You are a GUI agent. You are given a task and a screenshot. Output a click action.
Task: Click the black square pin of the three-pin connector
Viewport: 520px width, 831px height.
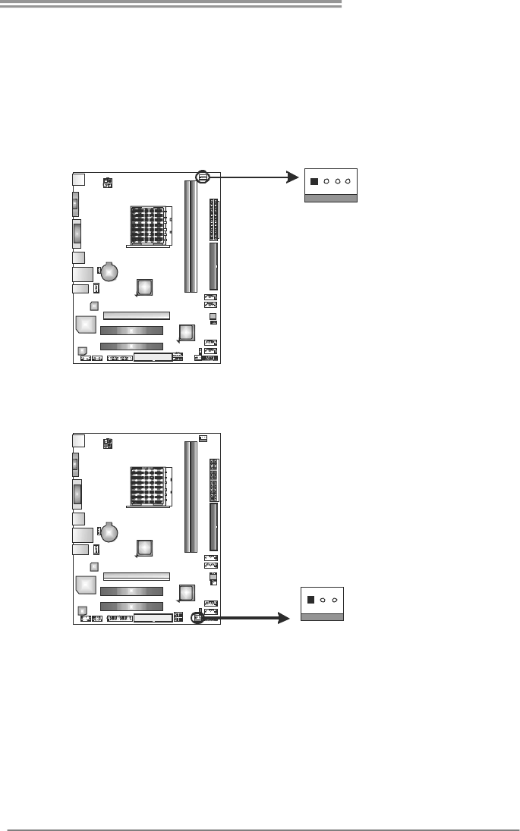pyautogui.click(x=310, y=599)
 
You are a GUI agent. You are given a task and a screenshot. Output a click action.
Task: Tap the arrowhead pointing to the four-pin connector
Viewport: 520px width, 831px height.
pyautogui.click(x=291, y=177)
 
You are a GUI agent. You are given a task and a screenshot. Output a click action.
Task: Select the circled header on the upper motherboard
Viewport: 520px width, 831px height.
pyautogui.click(x=203, y=177)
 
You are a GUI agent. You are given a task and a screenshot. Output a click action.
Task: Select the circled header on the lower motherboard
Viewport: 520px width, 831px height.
pyautogui.click(x=197, y=618)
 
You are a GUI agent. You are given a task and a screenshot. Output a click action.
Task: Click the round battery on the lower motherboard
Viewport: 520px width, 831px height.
pyautogui.click(x=110, y=533)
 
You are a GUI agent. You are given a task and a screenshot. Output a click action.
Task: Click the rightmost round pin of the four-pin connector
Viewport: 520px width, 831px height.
pyautogui.click(x=348, y=182)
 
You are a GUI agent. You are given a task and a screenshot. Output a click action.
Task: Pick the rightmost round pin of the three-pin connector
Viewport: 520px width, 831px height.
pyautogui.click(x=335, y=599)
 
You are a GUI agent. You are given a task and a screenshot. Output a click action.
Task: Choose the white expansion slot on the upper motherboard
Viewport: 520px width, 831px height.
pyautogui.click(x=137, y=315)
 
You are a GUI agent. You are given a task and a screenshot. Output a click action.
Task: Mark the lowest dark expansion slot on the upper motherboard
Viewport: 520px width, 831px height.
pyautogui.click(x=131, y=345)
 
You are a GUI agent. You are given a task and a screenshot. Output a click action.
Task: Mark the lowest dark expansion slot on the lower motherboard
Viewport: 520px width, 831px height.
pyautogui.click(x=131, y=607)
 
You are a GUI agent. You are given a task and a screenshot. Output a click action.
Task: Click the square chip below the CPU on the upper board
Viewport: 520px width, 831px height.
pyautogui.click(x=145, y=287)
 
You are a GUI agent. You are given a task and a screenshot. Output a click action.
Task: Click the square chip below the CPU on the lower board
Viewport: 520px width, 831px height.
pyautogui.click(x=145, y=549)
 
